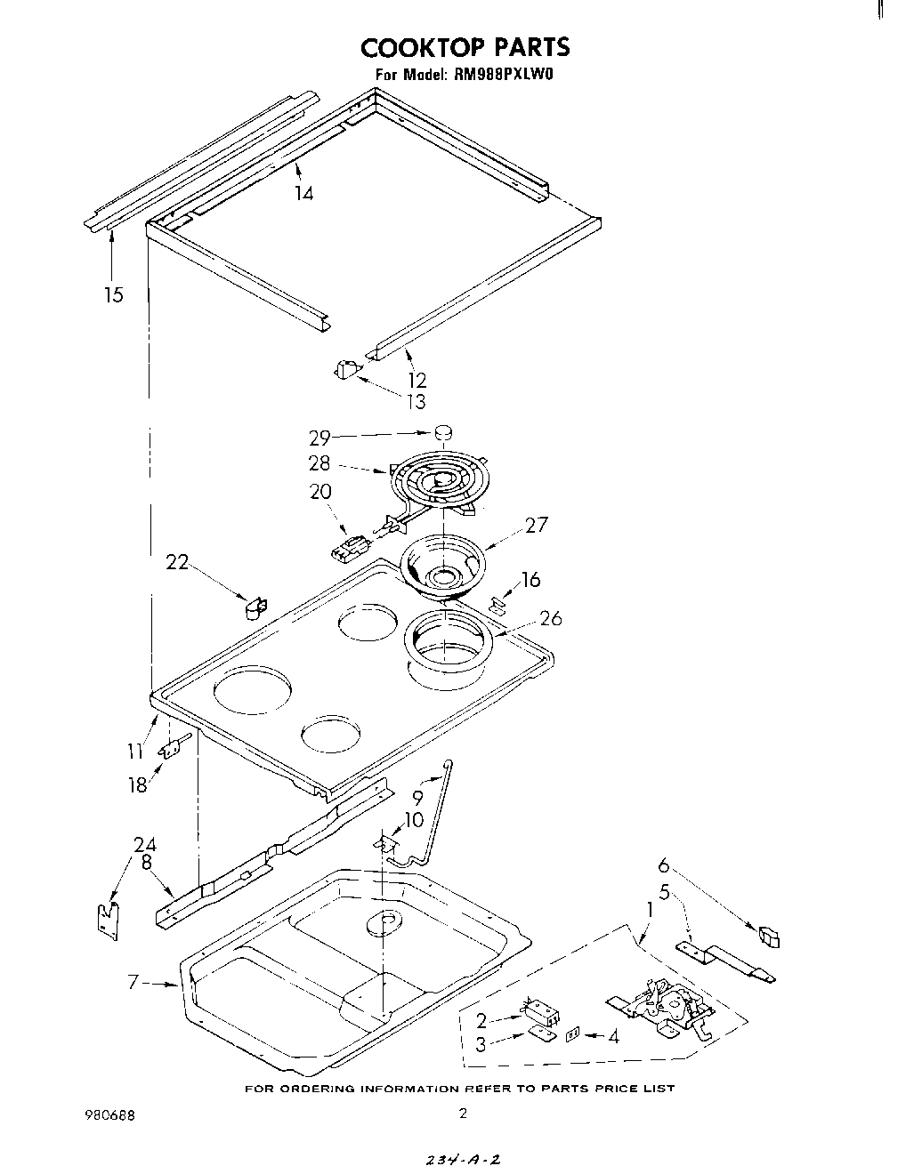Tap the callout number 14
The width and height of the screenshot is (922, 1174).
303,193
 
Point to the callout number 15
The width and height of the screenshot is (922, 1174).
113,294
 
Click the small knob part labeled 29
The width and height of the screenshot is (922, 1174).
443,433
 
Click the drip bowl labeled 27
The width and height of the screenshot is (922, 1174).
442,566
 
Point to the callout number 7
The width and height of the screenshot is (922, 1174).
133,982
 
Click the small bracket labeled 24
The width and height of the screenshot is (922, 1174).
108,919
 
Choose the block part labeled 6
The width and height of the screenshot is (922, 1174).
768,937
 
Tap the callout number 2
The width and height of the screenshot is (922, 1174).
481,1020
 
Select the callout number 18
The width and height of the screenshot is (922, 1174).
138,785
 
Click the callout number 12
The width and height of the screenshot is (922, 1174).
417,380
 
